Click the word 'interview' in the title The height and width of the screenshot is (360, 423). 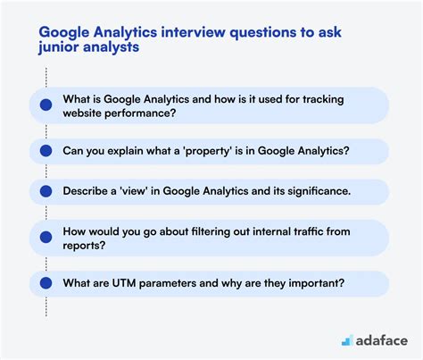pyautogui.click(x=193, y=32)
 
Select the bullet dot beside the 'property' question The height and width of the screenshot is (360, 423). pyautogui.click(x=46, y=151)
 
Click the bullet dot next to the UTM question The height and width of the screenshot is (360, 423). pyautogui.click(x=46, y=283)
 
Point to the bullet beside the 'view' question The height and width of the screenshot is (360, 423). pyautogui.click(x=46, y=191)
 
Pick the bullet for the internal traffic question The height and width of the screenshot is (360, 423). pyautogui.click(x=46, y=238)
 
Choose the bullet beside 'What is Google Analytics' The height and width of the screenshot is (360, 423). pyautogui.click(x=46, y=105)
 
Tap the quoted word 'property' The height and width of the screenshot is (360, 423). pyautogui.click(x=208, y=151)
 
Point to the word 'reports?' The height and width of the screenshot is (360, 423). pyautogui.click(x=84, y=246)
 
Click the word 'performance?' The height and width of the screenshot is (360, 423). pyautogui.click(x=140, y=113)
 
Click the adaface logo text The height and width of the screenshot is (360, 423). pyautogui.click(x=382, y=341)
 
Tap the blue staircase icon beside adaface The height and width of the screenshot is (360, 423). pyautogui.click(x=347, y=340)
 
